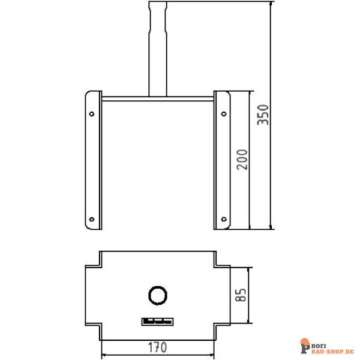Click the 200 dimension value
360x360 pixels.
[241, 159]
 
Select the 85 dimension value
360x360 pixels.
[241, 295]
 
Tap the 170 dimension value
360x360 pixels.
[158, 347]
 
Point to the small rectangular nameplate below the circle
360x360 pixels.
[157, 322]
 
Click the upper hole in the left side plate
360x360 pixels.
[92, 113]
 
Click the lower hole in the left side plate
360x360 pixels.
[92, 218]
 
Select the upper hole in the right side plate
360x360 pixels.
[223, 113]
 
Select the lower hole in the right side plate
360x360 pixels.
[223, 218]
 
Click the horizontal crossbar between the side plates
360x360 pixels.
[157, 98]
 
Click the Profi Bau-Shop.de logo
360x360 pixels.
[327, 344]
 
